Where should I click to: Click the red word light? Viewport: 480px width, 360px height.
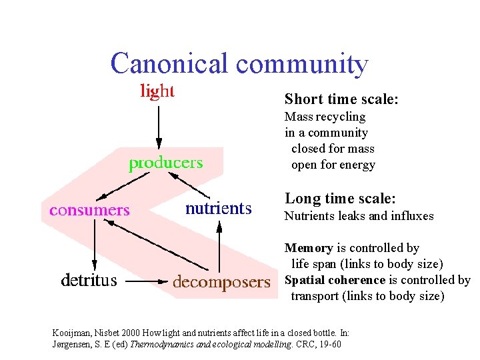coord(157,91)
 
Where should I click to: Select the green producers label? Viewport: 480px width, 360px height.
coord(165,163)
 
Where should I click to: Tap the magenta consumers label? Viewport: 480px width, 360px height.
coord(89,210)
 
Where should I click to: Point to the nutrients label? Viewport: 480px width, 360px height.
coord(219,209)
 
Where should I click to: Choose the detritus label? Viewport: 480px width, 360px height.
coord(89,281)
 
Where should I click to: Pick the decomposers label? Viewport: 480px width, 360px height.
coord(222,282)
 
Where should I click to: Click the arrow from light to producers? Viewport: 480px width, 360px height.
coord(158,126)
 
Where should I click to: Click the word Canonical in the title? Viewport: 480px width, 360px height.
coord(170,64)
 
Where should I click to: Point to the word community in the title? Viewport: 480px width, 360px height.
coord(302,64)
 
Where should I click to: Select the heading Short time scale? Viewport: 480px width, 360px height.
coord(341,99)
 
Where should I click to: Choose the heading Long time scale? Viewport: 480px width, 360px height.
coord(340,199)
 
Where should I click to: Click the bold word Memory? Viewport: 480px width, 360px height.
coord(309,248)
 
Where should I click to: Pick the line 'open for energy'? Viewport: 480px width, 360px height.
coord(333,165)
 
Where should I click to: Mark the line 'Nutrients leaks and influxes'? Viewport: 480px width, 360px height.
coord(359,215)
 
